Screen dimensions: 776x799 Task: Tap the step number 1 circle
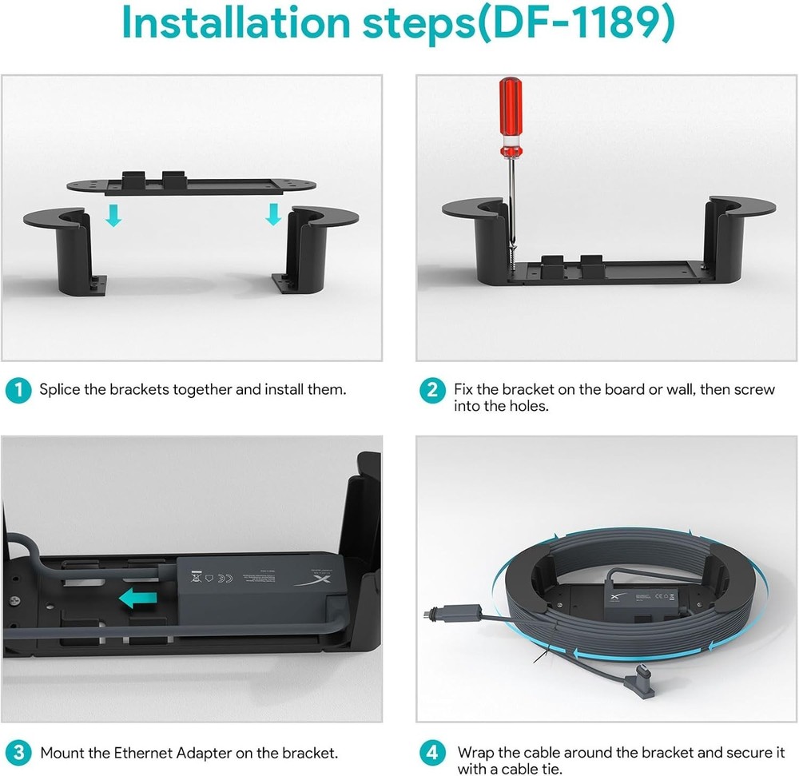[x=15, y=391]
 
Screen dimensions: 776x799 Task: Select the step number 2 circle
[x=431, y=391]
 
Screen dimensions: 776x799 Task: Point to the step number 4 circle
[x=431, y=752]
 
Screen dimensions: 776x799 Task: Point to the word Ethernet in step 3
[x=143, y=752]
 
